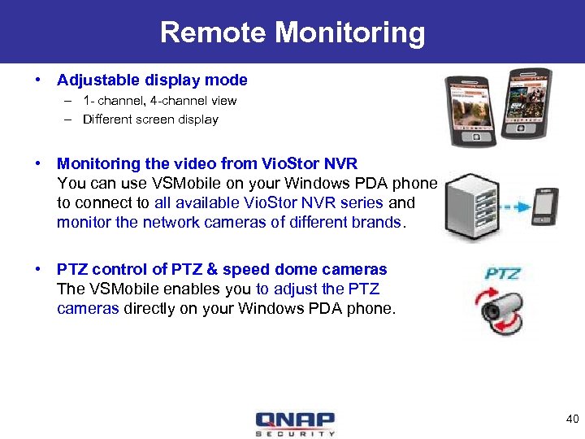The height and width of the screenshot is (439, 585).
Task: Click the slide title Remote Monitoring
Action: pos(292,33)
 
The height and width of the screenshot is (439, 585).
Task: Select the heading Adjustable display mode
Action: pos(152,80)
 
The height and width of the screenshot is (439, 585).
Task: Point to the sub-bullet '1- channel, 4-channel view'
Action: pos(159,101)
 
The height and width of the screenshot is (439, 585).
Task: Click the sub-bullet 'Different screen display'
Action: pos(150,120)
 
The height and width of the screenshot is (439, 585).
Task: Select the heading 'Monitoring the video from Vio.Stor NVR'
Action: pos(207,163)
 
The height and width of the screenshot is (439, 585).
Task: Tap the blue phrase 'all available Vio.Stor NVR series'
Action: pos(268,202)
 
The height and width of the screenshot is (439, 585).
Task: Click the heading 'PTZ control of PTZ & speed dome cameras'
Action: pos(222,269)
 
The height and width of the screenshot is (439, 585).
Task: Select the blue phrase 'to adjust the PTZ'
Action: pos(318,289)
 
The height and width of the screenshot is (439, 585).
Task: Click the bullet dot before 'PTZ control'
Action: pos(37,269)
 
